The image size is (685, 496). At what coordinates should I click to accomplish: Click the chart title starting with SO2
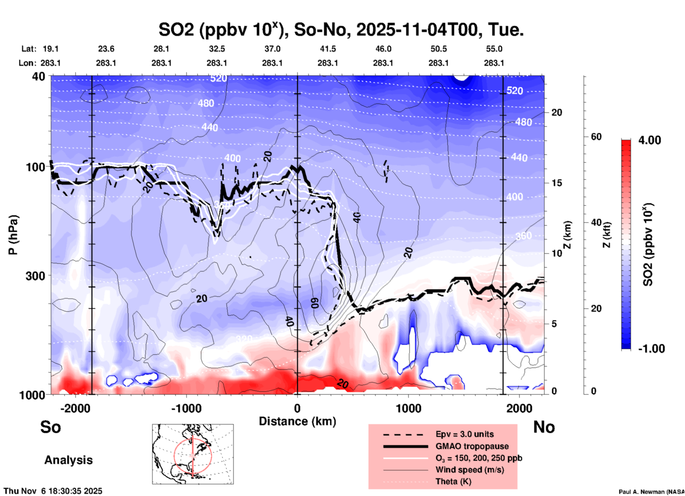341,30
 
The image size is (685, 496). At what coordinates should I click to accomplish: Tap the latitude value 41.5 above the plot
328,49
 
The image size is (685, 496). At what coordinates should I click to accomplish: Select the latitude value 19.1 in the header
51,49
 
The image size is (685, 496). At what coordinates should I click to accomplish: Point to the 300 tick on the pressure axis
35,276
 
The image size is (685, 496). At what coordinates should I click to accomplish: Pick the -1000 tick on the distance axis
186,408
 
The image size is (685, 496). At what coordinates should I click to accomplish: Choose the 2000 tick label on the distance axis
519,408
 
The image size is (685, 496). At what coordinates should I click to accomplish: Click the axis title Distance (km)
297,421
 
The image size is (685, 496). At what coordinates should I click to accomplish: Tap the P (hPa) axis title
13,235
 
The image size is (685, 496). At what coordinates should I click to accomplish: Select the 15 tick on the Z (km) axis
557,183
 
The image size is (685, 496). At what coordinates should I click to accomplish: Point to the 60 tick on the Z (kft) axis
596,137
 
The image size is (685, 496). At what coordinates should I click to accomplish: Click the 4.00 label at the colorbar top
649,140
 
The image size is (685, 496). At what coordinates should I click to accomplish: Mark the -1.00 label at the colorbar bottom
651,349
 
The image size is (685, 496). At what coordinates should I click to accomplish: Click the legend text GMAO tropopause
472,446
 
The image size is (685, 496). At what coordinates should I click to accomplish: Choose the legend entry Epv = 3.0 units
464,434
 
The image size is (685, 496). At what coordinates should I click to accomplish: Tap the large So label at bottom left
51,427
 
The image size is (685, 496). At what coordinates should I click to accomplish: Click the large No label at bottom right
544,427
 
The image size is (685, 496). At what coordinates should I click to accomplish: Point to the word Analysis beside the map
68,460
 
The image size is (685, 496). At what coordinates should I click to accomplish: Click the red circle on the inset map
174,455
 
